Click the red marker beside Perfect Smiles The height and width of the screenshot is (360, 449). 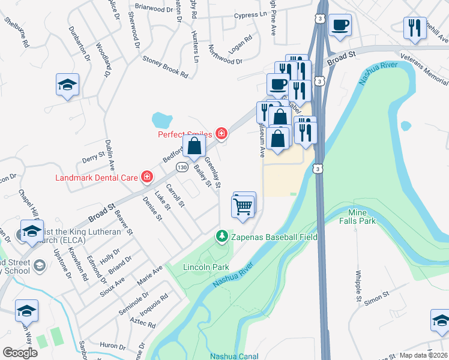point(221,133)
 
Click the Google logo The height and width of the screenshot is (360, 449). point(20,352)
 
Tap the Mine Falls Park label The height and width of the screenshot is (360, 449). point(361,217)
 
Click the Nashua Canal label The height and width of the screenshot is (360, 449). point(234,356)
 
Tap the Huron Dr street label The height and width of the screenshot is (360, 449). point(112,346)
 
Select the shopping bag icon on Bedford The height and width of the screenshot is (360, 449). point(194,146)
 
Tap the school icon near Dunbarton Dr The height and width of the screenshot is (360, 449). point(67,85)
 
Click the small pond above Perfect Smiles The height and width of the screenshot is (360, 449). point(161,119)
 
